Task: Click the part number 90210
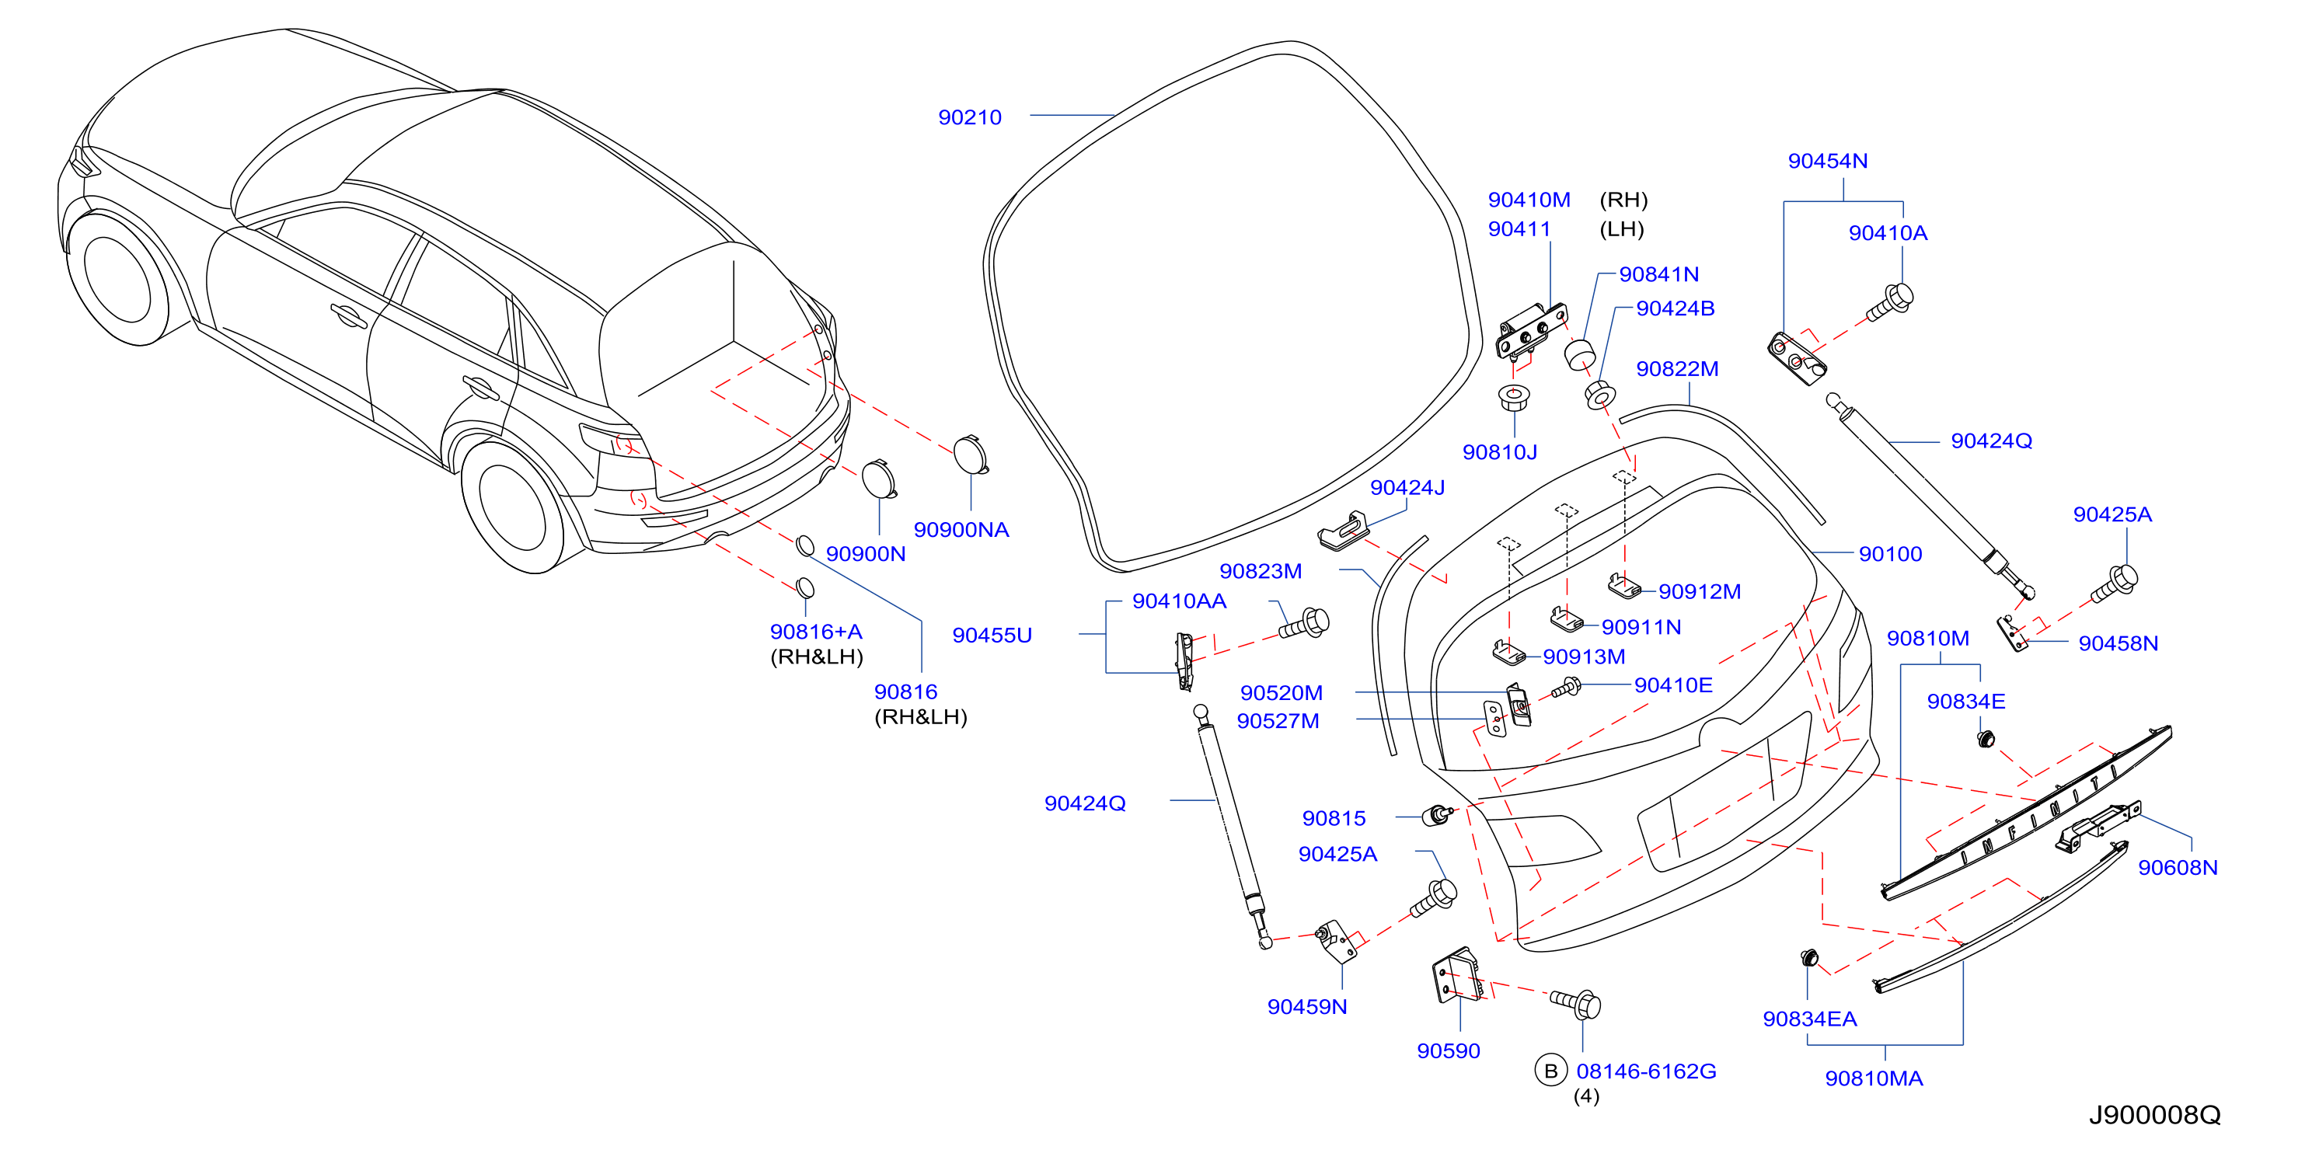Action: tap(970, 118)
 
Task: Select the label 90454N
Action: tap(1828, 161)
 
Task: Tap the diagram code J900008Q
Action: tap(2154, 1115)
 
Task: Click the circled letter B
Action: tap(1550, 1071)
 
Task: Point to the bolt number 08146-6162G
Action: tap(1646, 1071)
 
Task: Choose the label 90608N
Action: tap(2178, 868)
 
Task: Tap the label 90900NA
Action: tap(961, 530)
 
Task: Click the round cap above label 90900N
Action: tap(879, 478)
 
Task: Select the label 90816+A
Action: tap(815, 632)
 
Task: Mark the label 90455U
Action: tap(992, 636)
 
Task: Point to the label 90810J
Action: tap(1500, 452)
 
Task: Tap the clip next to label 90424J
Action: tap(1343, 529)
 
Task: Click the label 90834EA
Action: tap(1809, 1019)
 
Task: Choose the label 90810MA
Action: tap(1874, 1078)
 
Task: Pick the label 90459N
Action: tap(1307, 1007)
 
